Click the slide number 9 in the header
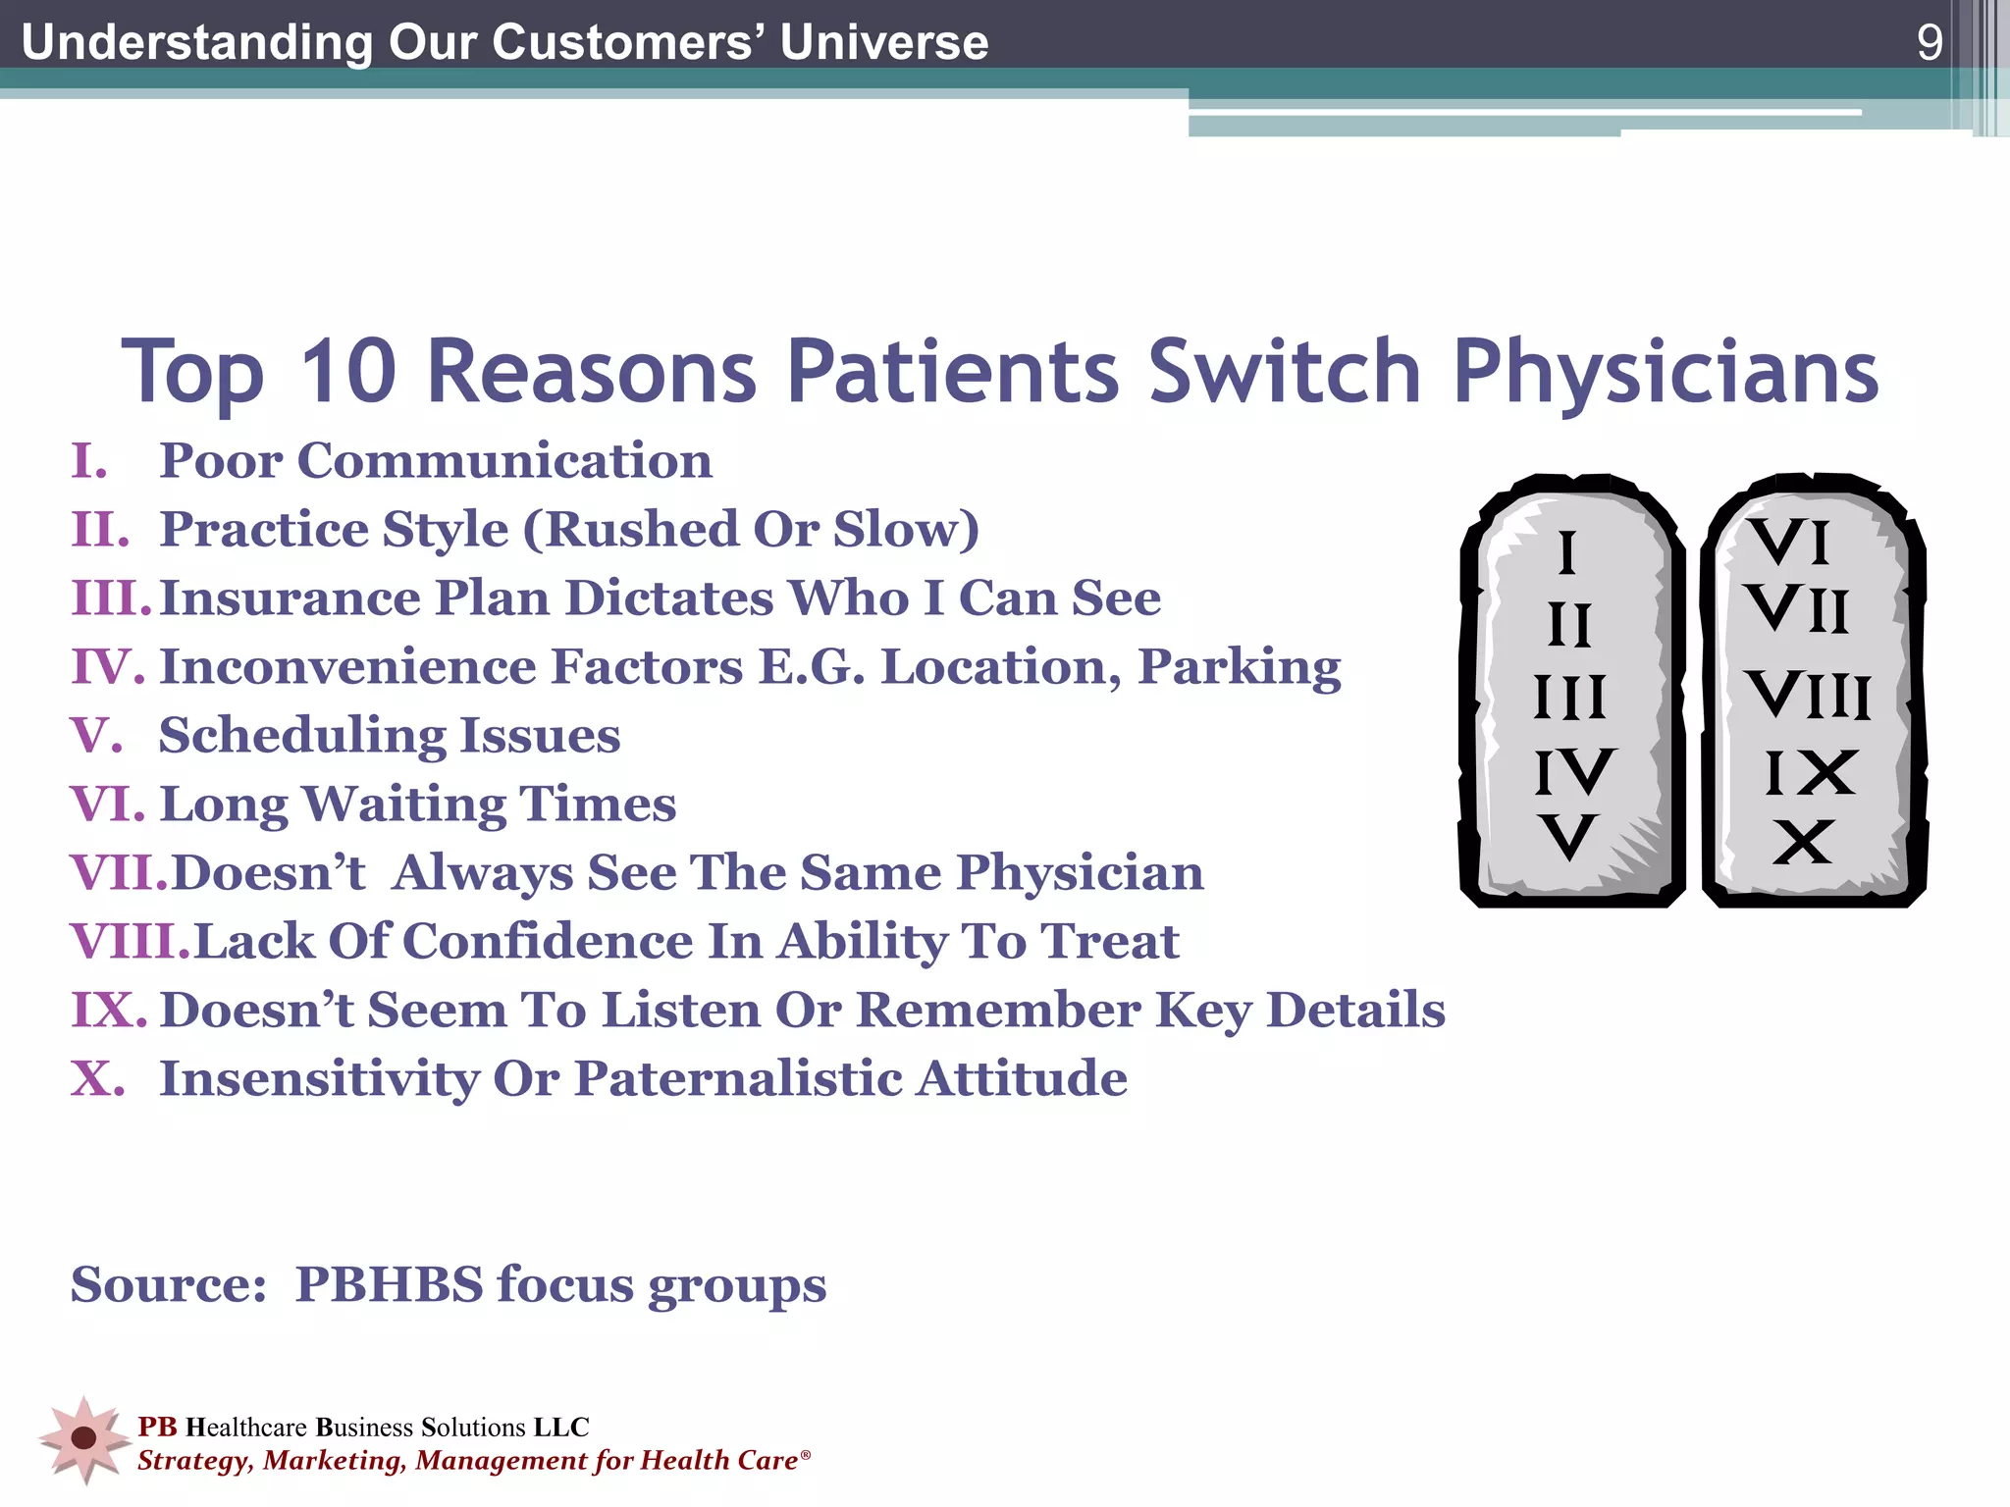[1929, 42]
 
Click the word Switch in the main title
[1284, 371]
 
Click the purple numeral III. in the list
[111, 598]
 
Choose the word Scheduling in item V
[300, 736]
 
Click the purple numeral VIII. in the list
[131, 941]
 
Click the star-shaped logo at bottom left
[84, 1438]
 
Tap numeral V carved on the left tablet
[1568, 837]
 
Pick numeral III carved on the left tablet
[1569, 698]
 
